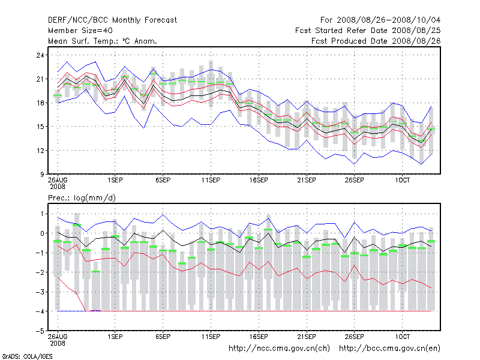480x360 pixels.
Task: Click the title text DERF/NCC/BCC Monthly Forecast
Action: (x=112, y=20)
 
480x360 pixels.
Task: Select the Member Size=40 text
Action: (x=80, y=30)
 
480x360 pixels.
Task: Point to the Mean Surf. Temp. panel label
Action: (x=103, y=41)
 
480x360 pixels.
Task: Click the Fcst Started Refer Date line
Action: (x=370, y=30)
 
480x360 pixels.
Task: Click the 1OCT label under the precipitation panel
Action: (x=402, y=337)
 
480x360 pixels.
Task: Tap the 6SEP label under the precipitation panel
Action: (x=163, y=337)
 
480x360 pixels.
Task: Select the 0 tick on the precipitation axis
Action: (x=42, y=233)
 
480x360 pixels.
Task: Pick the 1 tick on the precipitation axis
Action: (x=42, y=214)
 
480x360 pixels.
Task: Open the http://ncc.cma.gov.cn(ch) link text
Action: (x=279, y=348)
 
